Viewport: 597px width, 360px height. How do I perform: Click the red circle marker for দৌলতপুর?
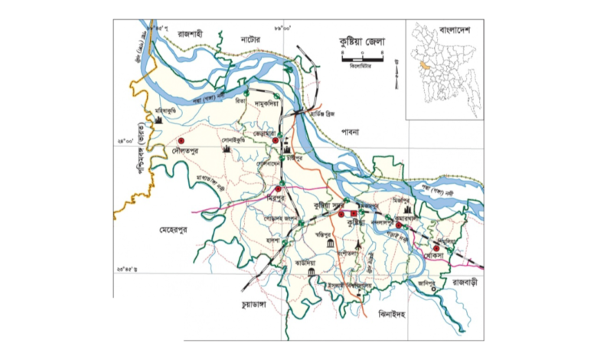pyautogui.click(x=181, y=141)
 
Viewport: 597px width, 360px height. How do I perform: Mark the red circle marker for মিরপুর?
pyautogui.click(x=279, y=188)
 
